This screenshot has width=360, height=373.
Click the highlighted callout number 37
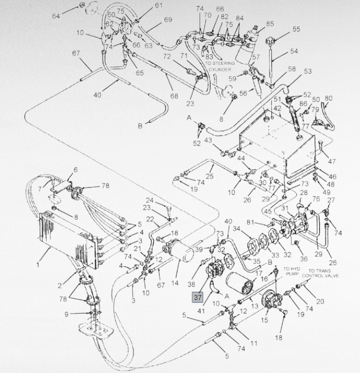click(x=198, y=296)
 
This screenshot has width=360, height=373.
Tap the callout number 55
click(x=297, y=29)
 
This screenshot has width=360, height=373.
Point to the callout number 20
click(x=320, y=301)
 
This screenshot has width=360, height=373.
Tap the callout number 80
click(x=329, y=98)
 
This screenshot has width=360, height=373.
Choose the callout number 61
click(x=158, y=6)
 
